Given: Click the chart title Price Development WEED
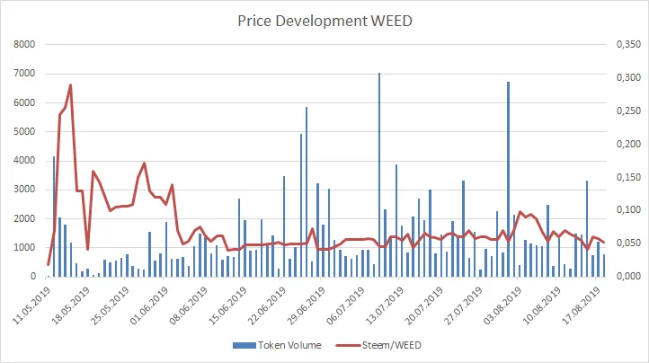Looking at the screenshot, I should [324, 21].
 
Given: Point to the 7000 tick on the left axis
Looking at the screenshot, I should [23, 74].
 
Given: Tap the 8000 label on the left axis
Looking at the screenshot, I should [23, 44].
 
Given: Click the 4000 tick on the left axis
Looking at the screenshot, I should [23, 161].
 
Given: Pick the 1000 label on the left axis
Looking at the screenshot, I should [23, 248].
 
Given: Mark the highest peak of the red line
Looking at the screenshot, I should [70, 85].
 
